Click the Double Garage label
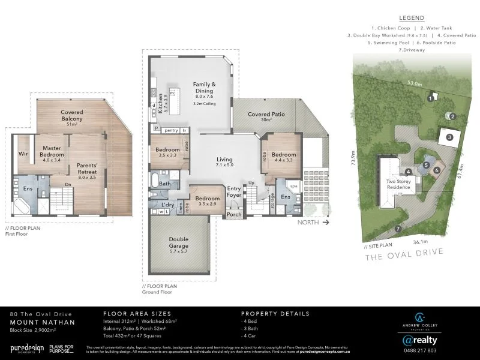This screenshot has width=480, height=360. [x=178, y=242]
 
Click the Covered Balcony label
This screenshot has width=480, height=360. [x=71, y=115]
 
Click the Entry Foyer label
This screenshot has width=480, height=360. [x=233, y=192]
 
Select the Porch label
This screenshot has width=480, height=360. [x=234, y=214]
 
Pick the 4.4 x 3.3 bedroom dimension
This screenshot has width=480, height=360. [x=280, y=160]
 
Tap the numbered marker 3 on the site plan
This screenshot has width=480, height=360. [x=449, y=137]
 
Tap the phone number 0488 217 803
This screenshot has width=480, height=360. [x=419, y=350]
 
